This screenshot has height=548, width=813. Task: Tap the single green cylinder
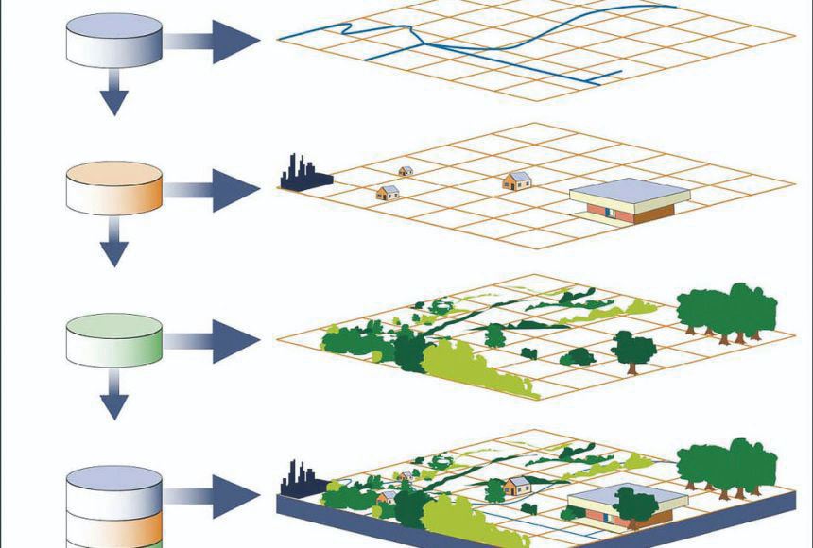click(x=114, y=339)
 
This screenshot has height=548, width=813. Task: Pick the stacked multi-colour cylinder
click(x=114, y=505)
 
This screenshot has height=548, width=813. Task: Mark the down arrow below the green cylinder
click(x=114, y=398)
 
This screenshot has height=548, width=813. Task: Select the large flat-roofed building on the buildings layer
click(x=630, y=201)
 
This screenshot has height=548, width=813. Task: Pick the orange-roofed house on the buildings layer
click(x=517, y=180)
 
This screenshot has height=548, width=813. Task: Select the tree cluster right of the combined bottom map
click(x=728, y=468)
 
